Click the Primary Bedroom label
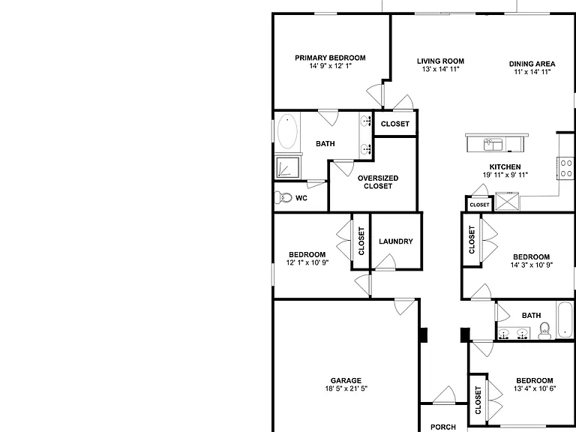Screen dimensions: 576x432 [330, 58]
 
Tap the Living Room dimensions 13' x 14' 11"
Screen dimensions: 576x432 [440, 69]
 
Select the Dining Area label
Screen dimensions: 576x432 [532, 64]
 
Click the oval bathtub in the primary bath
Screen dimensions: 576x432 [287, 131]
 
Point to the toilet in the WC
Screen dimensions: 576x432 [283, 198]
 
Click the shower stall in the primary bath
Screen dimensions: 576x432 [288, 167]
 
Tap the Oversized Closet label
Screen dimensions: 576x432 [378, 182]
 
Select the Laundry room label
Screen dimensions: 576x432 [396, 241]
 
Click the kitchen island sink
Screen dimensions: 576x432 [493, 144]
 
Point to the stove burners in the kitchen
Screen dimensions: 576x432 [565, 168]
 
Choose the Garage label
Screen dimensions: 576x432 [346, 380]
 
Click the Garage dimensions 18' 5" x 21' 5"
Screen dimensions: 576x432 [346, 388]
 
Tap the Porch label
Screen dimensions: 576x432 [443, 427]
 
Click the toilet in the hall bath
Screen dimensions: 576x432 [544, 331]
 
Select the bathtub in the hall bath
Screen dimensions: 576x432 [565, 320]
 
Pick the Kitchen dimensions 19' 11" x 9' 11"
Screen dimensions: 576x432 [505, 175]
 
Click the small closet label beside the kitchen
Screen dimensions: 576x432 [480, 205]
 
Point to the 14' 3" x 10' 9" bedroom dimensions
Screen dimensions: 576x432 [532, 265]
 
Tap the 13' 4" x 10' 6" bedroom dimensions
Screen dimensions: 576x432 [535, 388]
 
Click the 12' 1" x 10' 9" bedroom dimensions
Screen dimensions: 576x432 [307, 262]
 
